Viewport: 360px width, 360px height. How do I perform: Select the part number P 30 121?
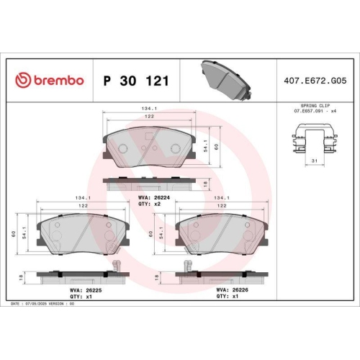point(136,81)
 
